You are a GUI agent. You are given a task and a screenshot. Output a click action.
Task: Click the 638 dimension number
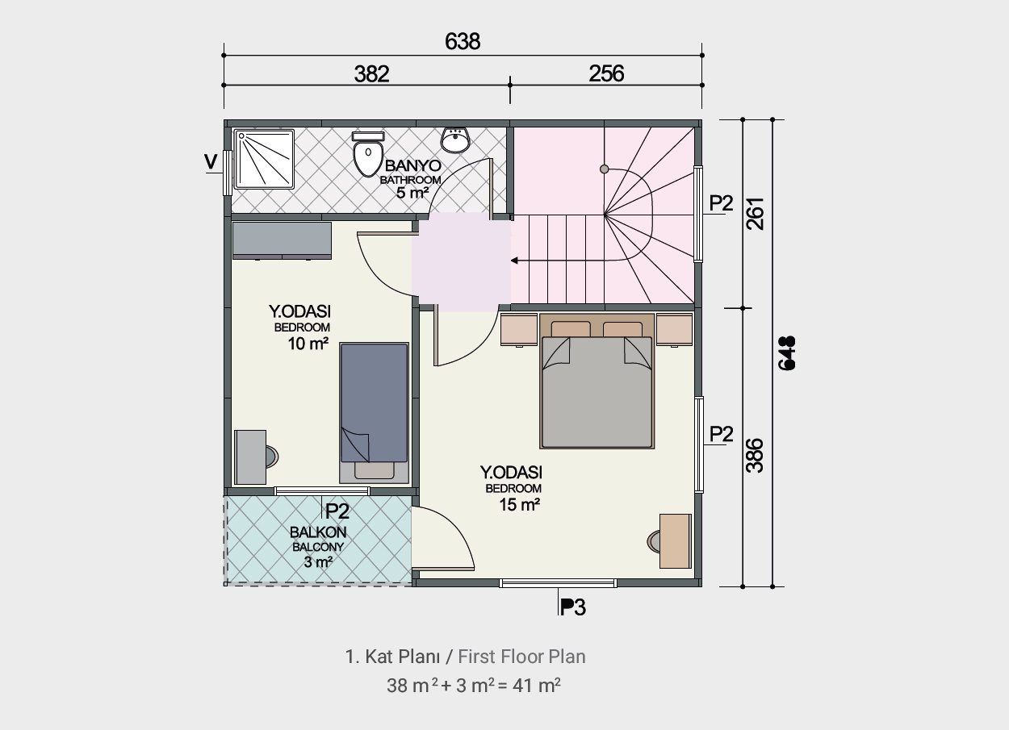[463, 41]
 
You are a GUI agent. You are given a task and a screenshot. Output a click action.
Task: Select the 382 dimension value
[371, 74]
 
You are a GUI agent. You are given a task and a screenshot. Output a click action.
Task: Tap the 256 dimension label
[606, 73]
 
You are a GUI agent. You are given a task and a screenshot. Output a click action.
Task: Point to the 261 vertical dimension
[756, 214]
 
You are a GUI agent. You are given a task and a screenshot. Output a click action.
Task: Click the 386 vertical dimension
[755, 456]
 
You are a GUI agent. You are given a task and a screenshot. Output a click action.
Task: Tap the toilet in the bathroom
[368, 154]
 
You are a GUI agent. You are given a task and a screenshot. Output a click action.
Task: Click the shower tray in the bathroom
[265, 159]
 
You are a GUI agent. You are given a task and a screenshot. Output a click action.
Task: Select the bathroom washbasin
[455, 140]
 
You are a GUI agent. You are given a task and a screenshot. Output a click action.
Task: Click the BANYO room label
[412, 165]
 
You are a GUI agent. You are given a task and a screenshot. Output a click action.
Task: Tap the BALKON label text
[318, 532]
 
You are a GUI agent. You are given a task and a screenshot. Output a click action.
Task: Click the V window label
[211, 161]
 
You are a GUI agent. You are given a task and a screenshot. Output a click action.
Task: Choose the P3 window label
[572, 607]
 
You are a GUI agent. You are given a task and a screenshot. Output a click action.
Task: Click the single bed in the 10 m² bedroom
[375, 413]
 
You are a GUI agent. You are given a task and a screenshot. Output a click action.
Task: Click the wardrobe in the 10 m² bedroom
[282, 240]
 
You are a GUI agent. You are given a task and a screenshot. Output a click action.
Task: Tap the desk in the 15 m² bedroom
[675, 541]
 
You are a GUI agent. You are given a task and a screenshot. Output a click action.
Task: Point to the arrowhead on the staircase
[514, 260]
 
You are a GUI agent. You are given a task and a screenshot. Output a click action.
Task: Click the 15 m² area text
[519, 504]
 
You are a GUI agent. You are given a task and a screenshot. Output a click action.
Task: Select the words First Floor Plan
[521, 657]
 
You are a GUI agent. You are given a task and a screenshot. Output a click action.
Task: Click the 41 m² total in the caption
[537, 686]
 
